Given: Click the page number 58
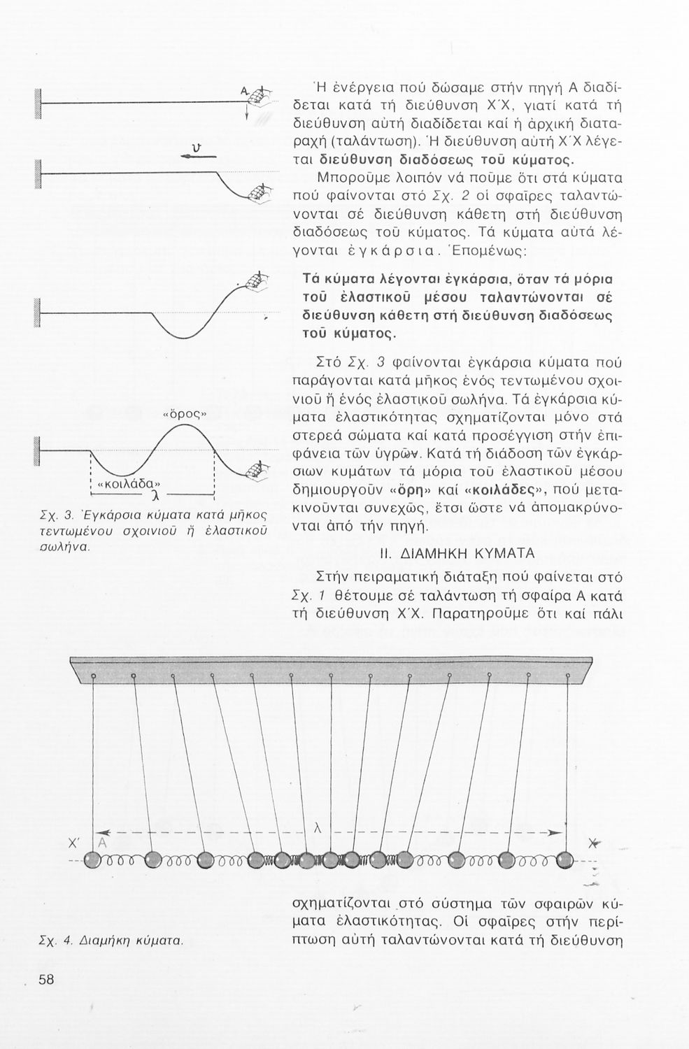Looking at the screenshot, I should [47, 980].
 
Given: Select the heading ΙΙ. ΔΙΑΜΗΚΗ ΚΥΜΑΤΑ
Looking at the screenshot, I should [456, 553].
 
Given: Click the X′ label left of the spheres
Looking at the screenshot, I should [72, 843].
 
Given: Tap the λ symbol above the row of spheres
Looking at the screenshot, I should [318, 828].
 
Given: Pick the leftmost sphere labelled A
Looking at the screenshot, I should [93, 860].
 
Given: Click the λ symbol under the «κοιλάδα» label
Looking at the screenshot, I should [153, 497].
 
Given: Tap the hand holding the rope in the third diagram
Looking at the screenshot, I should [255, 280].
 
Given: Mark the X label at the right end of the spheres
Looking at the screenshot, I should [595, 843].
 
